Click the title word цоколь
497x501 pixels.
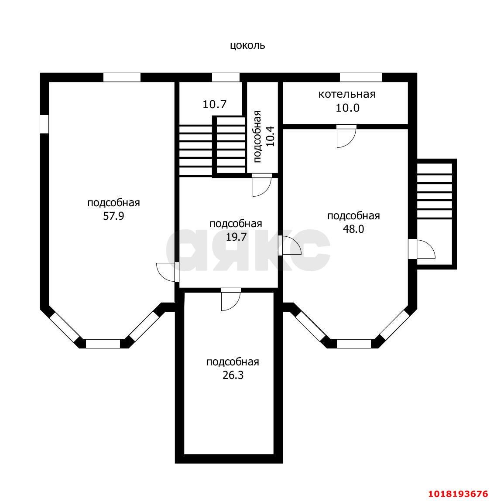(x=247, y=46)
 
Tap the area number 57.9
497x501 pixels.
(x=113, y=216)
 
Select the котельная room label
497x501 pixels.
(x=347, y=94)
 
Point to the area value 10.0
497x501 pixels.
(x=347, y=108)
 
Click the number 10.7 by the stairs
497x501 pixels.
(x=215, y=104)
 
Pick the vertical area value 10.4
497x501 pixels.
(x=270, y=136)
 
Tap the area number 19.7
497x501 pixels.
(x=237, y=237)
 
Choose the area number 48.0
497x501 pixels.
(x=353, y=229)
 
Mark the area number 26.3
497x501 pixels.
(x=233, y=375)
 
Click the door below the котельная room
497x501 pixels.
(x=346, y=136)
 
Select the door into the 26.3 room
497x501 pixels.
(x=230, y=300)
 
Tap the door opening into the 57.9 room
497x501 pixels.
(x=168, y=272)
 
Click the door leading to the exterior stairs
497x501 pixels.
(x=422, y=249)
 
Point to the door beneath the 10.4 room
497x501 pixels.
(x=262, y=185)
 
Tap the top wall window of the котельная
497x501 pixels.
(x=361, y=77)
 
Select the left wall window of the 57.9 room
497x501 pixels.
(x=44, y=124)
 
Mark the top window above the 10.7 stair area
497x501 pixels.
(x=226, y=77)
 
